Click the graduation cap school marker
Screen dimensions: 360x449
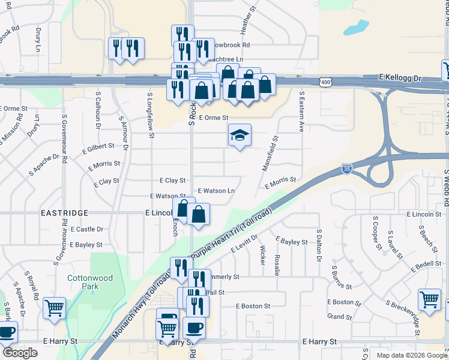[x=239, y=136]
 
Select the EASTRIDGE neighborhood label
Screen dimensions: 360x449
[x=64, y=213]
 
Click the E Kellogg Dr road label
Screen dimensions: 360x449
[x=401, y=78]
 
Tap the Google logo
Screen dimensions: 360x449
[x=20, y=353]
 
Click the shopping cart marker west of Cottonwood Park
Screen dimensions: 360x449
[x=55, y=308]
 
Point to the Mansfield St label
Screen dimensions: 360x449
[x=270, y=153]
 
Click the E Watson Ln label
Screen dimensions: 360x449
[x=215, y=191]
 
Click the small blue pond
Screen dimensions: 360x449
[x=359, y=27]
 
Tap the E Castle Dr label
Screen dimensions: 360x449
[x=87, y=229]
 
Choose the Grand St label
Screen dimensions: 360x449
[x=339, y=317]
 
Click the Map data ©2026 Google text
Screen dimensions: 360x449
[x=411, y=355]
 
